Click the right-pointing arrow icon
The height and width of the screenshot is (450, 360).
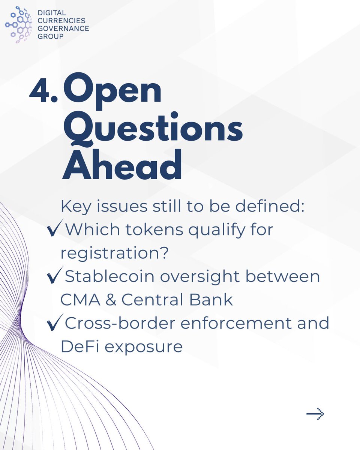pyautogui.click(x=315, y=414)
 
